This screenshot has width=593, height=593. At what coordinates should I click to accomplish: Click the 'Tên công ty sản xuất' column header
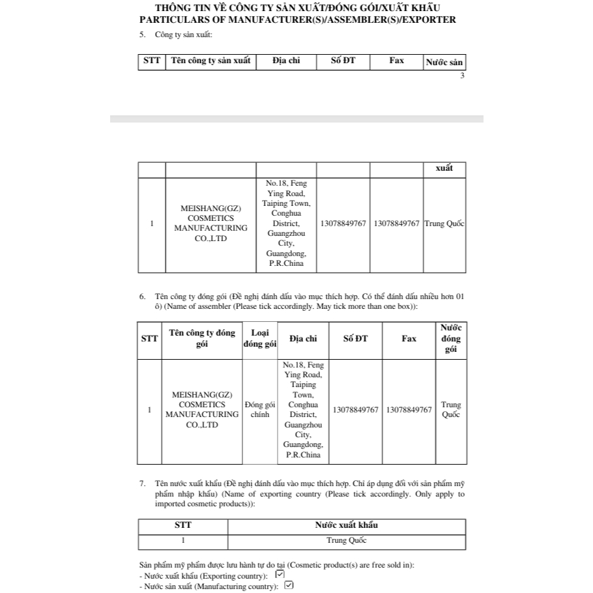210,61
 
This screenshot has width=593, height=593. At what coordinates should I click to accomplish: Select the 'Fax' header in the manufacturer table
396,61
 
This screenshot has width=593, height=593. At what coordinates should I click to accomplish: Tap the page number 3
462,76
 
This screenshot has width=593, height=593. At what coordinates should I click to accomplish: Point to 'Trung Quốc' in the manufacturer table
444,224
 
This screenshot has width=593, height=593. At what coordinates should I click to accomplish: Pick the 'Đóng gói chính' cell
259,409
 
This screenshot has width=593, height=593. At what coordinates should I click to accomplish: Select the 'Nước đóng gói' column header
450,339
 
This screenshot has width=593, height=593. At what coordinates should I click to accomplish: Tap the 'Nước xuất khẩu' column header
346,525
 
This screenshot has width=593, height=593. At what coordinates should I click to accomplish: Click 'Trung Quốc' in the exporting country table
346,541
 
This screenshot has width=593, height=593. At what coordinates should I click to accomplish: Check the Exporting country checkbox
280,574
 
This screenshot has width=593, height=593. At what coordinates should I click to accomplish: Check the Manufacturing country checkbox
289,585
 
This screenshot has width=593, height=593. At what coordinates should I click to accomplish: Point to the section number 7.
142,484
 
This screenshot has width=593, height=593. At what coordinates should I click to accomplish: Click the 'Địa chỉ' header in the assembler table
303,339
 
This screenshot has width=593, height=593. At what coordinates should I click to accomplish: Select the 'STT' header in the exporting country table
183,525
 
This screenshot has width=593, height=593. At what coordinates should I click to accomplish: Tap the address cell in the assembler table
303,409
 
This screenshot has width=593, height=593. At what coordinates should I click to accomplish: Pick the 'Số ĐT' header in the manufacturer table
343,61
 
